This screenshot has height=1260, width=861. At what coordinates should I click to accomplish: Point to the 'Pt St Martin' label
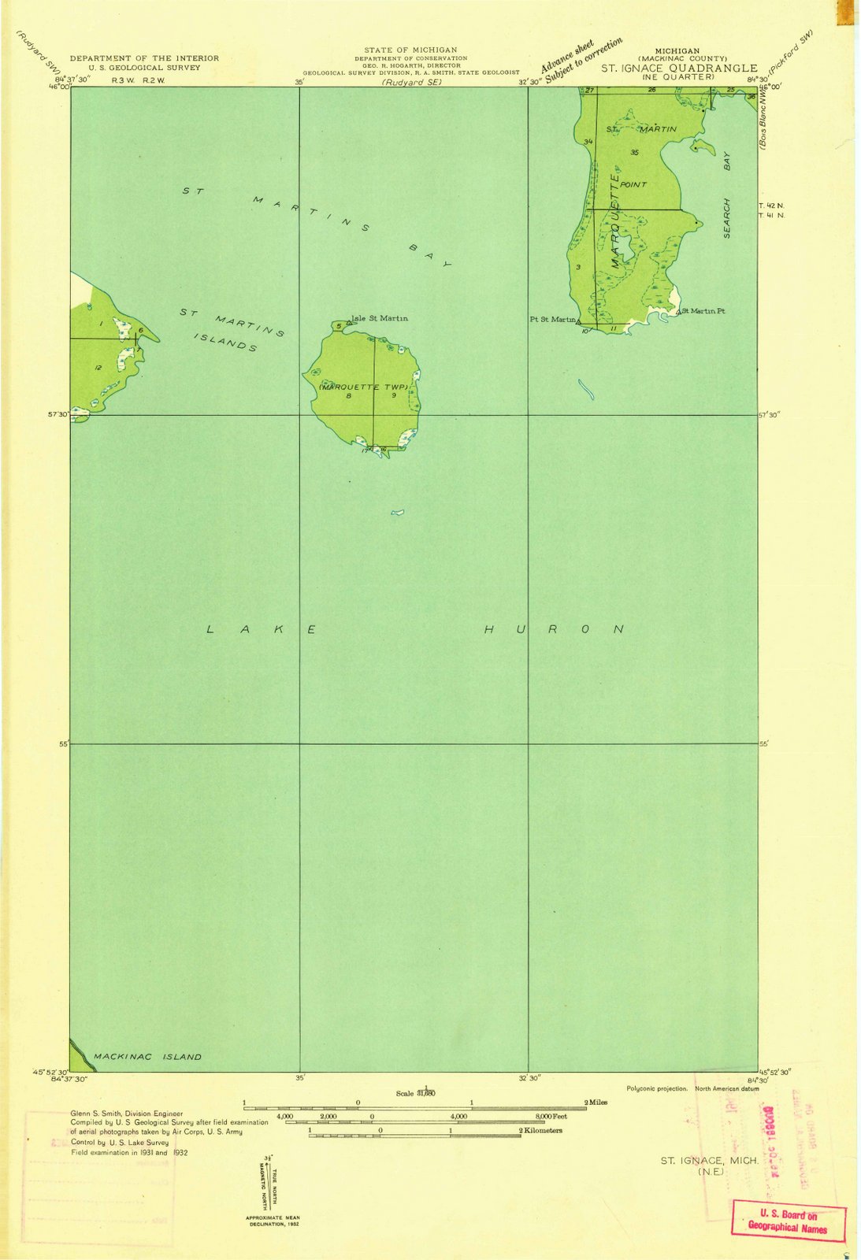553,319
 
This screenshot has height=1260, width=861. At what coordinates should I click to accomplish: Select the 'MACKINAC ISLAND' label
147,1057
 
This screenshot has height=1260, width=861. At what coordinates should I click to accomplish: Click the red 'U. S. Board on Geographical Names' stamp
788,1221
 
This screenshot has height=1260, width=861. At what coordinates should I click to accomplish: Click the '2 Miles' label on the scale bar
596,1102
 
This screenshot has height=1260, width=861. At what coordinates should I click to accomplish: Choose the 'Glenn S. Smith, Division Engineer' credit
126,1114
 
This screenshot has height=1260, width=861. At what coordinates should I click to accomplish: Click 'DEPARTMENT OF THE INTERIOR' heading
144,58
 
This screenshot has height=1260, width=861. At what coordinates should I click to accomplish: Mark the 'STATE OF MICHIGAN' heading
410,50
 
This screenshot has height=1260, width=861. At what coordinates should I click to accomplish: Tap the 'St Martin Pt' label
703,311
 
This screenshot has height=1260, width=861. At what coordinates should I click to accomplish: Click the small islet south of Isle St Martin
398,513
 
